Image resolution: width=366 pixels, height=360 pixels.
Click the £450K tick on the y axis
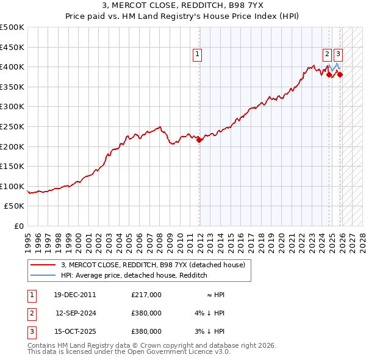12,47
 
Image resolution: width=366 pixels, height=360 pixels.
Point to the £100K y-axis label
12,187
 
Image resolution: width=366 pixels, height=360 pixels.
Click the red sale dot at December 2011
199,140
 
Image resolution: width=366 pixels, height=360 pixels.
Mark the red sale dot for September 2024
329,75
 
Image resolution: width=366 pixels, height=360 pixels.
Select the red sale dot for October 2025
340,75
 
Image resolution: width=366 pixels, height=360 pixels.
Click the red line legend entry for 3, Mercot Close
152,265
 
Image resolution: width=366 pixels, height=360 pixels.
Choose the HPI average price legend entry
134,275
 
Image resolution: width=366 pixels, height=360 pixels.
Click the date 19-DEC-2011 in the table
75,295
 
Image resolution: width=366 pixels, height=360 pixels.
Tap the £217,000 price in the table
146,295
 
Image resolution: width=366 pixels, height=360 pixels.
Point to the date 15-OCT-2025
75,331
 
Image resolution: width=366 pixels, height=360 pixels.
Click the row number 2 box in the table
31,313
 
